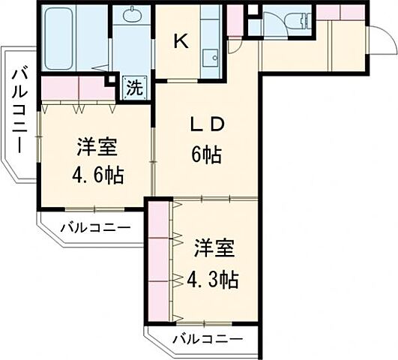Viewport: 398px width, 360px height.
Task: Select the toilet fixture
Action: click(295, 21)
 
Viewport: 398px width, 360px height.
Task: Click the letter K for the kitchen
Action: click(181, 42)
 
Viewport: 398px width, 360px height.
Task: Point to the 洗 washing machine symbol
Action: click(133, 86)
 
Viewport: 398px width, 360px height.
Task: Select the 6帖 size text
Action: click(205, 155)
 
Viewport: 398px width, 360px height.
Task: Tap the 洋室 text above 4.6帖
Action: click(92, 147)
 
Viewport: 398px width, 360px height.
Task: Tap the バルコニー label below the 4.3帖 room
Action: click(207, 339)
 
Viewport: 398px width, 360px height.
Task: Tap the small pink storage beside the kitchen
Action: click(235, 20)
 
